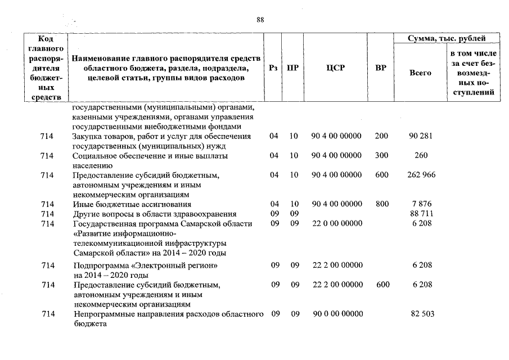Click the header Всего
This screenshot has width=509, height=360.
click(x=420, y=73)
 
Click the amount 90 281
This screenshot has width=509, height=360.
click(x=421, y=137)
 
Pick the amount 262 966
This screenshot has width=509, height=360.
click(x=421, y=175)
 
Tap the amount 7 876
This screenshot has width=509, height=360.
click(x=421, y=204)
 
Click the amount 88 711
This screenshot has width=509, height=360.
click(x=421, y=214)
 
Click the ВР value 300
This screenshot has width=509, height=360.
click(x=381, y=156)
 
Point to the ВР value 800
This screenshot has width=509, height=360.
click(x=381, y=204)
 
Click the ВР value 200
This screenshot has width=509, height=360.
click(x=381, y=137)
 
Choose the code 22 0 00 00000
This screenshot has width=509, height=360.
click(x=336, y=223)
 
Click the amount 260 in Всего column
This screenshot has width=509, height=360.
click(x=421, y=156)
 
